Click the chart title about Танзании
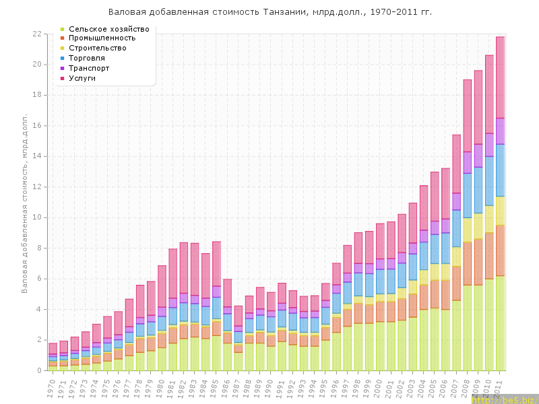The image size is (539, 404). (x=270, y=12)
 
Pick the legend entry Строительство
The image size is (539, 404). (x=98, y=48)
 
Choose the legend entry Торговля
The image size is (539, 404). (x=89, y=58)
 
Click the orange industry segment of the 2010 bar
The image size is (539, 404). (x=489, y=256)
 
